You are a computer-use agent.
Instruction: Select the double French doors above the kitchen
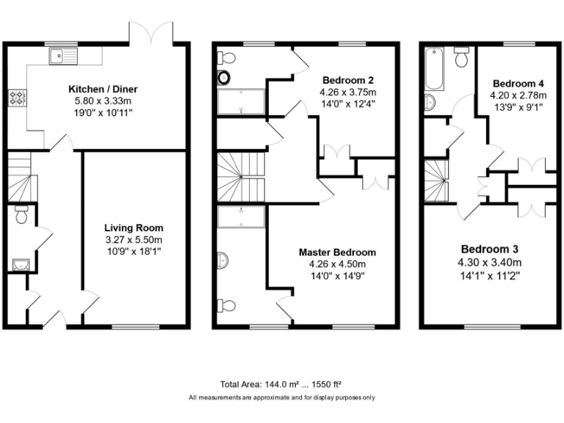(151, 32)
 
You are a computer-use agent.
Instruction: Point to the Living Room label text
(134, 228)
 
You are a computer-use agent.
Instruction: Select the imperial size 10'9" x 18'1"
(134, 251)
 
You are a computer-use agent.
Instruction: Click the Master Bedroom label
(337, 252)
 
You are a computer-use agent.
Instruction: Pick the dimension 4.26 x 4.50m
(337, 264)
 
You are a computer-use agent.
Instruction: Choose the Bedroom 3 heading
(491, 249)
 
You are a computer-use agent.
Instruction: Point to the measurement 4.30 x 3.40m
(491, 262)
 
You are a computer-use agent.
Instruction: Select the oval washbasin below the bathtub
(431, 101)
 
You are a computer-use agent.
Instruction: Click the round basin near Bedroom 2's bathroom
(224, 77)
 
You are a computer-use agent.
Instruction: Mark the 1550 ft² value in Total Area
(327, 384)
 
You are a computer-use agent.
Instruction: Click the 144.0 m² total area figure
(279, 384)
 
